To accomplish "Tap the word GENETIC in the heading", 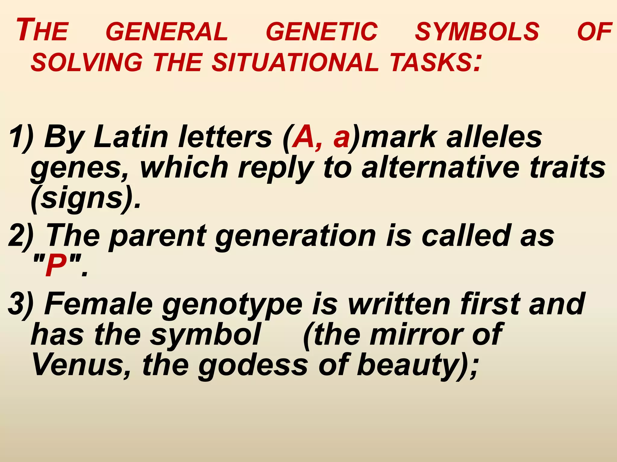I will coord(321,32).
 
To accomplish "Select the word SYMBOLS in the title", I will coord(477,32).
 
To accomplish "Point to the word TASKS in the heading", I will coord(431,63).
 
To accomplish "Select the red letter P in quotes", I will coord(56,265).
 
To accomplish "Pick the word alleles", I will coord(494,137).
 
